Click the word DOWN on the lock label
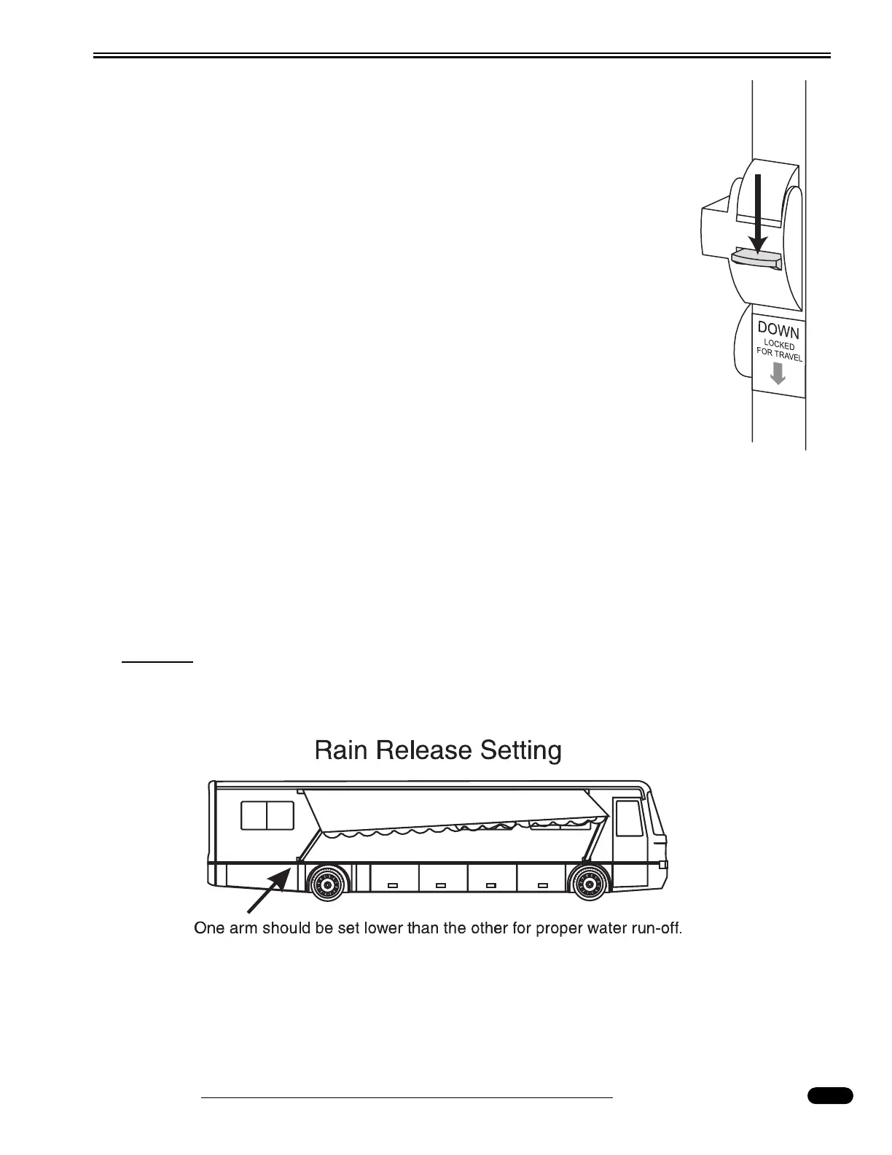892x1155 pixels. point(779,332)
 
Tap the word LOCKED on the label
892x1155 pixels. point(779,345)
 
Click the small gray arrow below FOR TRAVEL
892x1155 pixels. point(778,374)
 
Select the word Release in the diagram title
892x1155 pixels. point(424,750)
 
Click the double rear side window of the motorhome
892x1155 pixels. point(267,815)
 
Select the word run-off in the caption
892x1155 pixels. point(655,929)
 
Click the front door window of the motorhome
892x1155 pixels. point(629,818)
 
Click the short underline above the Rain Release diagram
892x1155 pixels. point(157,662)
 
